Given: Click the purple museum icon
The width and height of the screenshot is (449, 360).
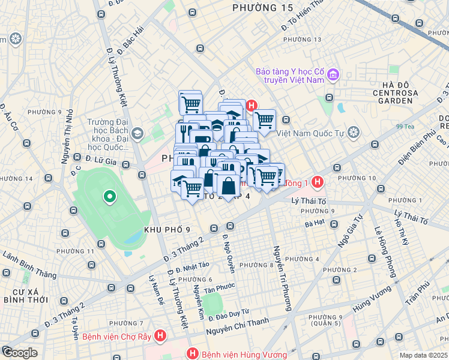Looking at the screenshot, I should tap(333, 76).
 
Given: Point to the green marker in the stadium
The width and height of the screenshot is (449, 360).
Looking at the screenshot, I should tap(109, 196).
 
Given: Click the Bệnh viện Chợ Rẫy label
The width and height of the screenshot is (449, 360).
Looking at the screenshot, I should tap(116, 337).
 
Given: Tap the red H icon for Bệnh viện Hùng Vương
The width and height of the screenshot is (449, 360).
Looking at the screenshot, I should tap(192, 354).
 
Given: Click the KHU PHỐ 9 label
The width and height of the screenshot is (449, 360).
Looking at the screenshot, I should tap(167, 230).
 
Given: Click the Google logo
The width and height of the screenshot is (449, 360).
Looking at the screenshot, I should tap(19, 352).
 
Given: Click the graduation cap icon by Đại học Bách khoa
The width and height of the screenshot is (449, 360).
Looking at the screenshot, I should tap(137, 133).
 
